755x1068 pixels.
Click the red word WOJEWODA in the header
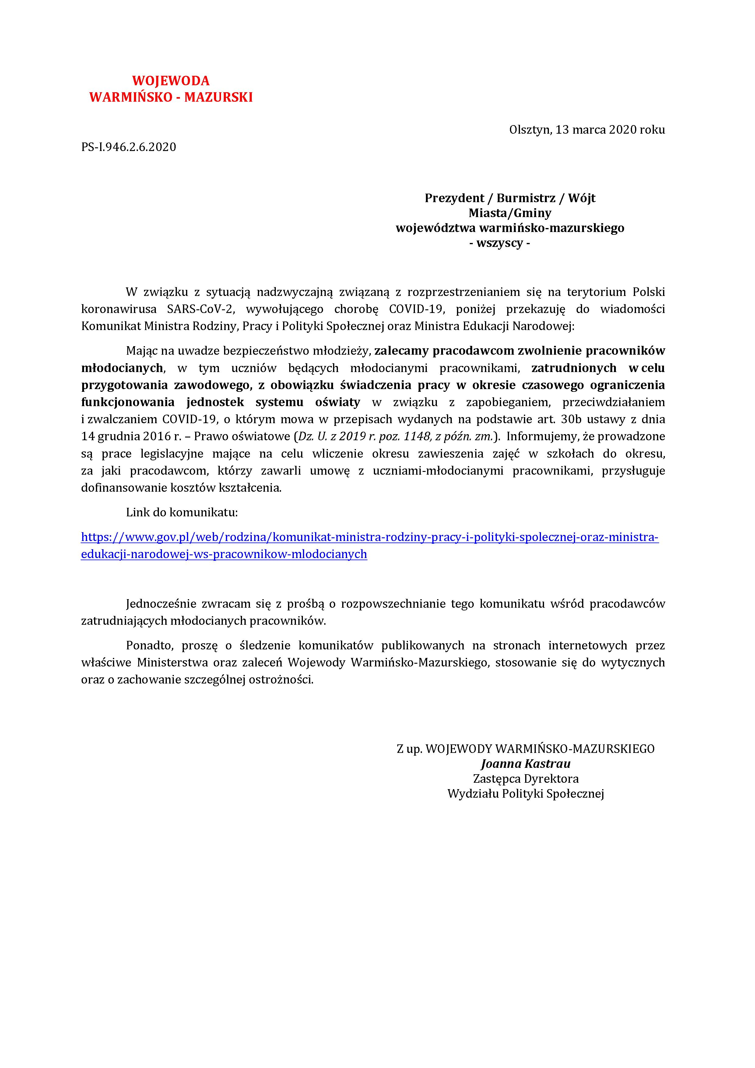click(171, 81)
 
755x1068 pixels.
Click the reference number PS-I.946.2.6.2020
click(128, 147)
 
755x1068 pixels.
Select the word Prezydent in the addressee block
click(454, 198)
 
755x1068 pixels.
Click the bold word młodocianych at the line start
click(122, 368)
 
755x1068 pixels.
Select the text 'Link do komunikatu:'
click(182, 513)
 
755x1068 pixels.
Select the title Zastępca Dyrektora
click(526, 779)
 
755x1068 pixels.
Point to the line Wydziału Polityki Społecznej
click(526, 794)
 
